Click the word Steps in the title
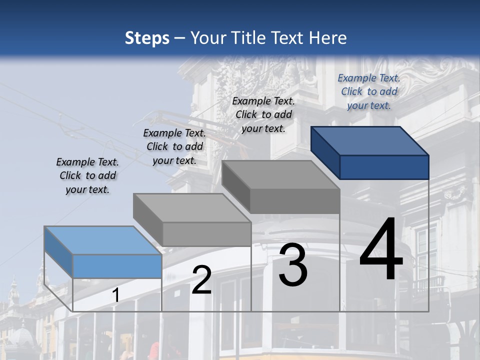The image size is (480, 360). coord(147,38)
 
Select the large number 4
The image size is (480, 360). coord(381,249)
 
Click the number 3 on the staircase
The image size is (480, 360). coord(293,265)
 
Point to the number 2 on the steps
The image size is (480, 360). coord(201,280)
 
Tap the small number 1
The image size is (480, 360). coord(115,295)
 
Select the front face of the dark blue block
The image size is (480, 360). coord(384,167)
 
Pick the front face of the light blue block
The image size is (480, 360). coord(117,266)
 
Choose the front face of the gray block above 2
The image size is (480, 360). coord(206,234)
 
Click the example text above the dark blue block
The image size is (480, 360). coord(369,91)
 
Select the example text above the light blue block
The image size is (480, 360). coord(87,175)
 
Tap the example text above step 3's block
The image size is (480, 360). coord(263,114)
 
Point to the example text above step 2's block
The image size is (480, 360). coord(174,146)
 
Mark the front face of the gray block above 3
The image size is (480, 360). coord(295,201)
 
